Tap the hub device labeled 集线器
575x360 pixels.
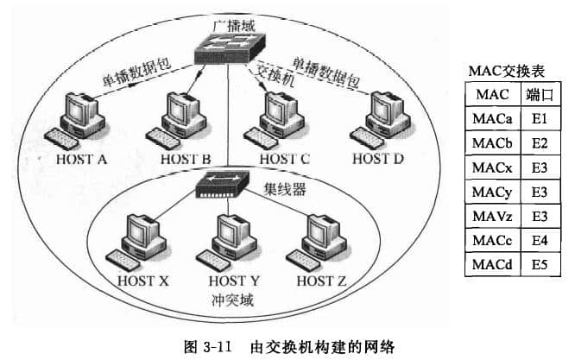point(222,183)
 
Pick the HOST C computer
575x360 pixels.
point(280,121)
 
